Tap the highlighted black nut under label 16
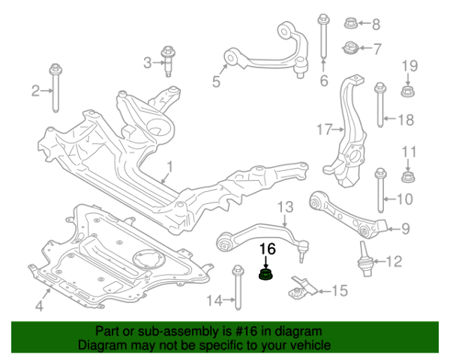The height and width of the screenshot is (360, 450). point(266,276)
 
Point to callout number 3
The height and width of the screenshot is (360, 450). point(148,61)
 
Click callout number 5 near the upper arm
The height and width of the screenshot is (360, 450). point(216,82)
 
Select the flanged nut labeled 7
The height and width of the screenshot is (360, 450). point(349,49)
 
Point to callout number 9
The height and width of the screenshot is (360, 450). point(404,229)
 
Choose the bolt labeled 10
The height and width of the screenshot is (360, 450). point(380,187)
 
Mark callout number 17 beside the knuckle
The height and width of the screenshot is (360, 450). point(323,130)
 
